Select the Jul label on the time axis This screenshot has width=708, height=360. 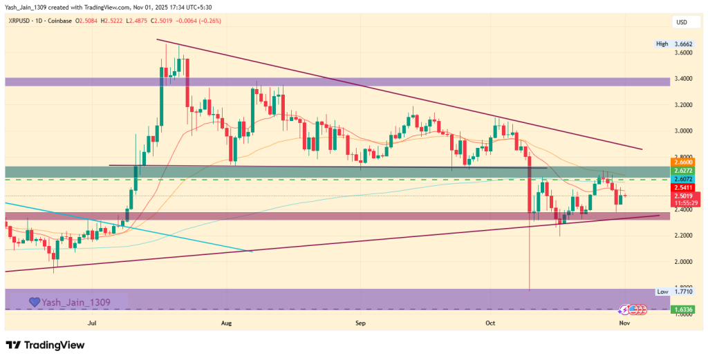click(92, 322)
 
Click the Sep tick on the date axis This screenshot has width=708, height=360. click(360, 322)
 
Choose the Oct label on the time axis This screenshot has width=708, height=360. click(490, 322)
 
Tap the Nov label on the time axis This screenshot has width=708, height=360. click(624, 322)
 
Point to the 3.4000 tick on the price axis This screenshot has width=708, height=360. click(684, 79)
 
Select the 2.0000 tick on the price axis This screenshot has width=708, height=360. click(684, 262)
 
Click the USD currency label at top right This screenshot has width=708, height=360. click(682, 23)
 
